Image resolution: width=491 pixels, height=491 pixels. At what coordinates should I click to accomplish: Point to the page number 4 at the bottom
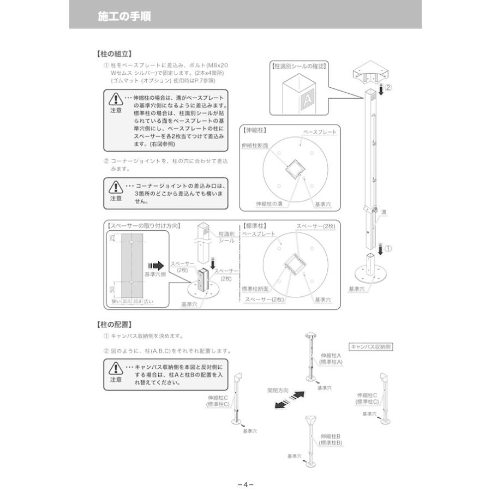point(245,484)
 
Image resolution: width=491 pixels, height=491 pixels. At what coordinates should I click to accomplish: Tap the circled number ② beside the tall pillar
point(388,87)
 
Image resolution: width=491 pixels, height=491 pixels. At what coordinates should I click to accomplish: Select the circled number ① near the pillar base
point(388,248)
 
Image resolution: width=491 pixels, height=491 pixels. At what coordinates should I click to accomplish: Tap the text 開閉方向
point(278,391)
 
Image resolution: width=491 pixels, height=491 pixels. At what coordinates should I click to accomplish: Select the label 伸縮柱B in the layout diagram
point(331,436)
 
